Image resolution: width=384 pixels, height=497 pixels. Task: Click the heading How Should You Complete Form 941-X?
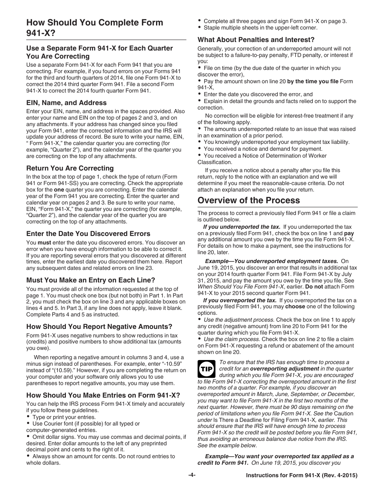pyautogui.click(x=95, y=27)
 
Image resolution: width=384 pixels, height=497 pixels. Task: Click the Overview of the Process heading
pyautogui.click(x=249, y=200)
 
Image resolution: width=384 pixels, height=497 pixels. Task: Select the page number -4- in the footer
pyautogui.click(x=192, y=476)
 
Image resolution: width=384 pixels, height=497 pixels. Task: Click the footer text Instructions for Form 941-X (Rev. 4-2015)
pyautogui.click(x=302, y=476)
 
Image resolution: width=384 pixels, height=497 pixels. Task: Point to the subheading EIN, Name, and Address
pyautogui.click(x=66, y=103)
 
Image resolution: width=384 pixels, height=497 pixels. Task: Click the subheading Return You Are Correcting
pyautogui.click(x=70, y=168)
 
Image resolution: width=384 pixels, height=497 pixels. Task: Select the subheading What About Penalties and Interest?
pyautogui.click(x=256, y=40)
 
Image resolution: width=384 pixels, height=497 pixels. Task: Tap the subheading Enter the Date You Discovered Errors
pyautogui.click(x=88, y=234)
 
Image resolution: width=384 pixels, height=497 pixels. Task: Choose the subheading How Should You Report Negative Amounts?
pyautogui.click(x=99, y=326)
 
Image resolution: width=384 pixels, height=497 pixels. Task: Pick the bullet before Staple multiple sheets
pyautogui.click(x=200, y=27)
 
